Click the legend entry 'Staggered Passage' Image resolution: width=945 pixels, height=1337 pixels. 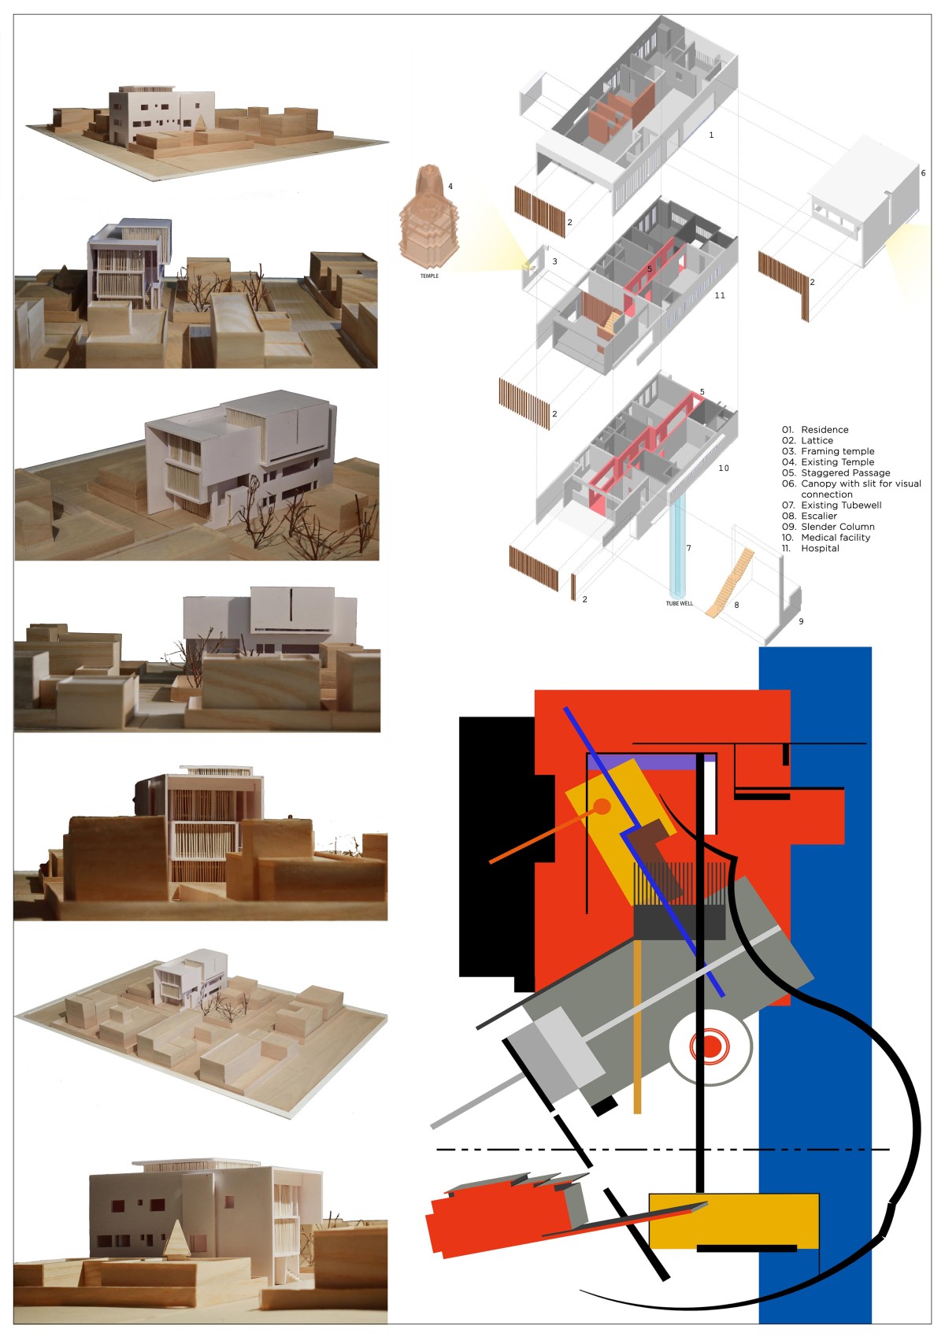(x=845, y=472)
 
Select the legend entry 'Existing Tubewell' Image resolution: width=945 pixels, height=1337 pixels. (x=841, y=505)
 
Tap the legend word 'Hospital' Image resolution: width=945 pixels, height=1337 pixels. (x=820, y=548)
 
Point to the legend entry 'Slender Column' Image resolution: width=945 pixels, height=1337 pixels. (x=838, y=527)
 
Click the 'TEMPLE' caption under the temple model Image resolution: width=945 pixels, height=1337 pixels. (x=429, y=276)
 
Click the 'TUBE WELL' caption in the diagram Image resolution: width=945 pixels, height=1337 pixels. (x=680, y=603)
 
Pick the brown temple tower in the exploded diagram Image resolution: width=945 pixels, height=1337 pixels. (x=428, y=216)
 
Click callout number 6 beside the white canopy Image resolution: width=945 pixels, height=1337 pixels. (x=923, y=173)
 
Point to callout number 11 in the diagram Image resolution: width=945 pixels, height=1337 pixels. (x=720, y=295)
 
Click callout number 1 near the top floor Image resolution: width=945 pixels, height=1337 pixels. (x=711, y=135)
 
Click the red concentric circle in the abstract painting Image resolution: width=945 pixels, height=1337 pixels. (x=709, y=1046)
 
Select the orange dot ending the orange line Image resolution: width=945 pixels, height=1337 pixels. (x=602, y=806)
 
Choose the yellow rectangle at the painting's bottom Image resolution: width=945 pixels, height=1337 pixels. (x=733, y=1220)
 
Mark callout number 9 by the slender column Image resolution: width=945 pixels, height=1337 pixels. (x=801, y=621)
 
